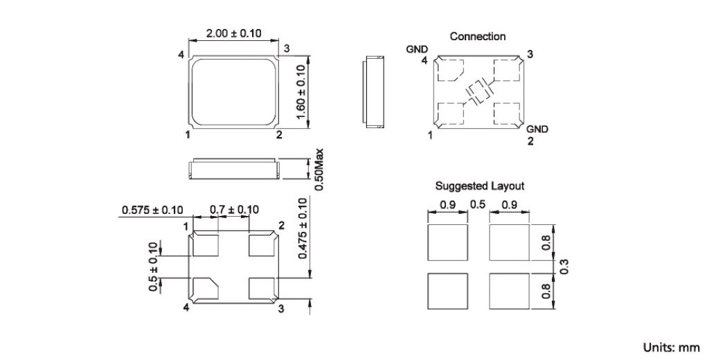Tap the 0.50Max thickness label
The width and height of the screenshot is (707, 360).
pos(319,168)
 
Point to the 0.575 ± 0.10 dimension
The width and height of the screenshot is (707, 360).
pos(152,209)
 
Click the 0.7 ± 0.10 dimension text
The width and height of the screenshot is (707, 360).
pos(234,209)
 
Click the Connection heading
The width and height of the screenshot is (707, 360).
pos(477,36)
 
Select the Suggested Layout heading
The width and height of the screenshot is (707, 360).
pos(479,186)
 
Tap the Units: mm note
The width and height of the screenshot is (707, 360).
pos(671,348)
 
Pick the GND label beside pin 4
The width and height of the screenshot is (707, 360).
pos(416,49)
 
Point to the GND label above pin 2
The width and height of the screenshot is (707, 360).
pos(537,129)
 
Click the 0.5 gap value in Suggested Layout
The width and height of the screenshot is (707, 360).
pos(477,204)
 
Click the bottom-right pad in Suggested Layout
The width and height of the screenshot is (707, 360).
pos(509,291)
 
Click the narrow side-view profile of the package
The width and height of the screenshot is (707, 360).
pos(374,92)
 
